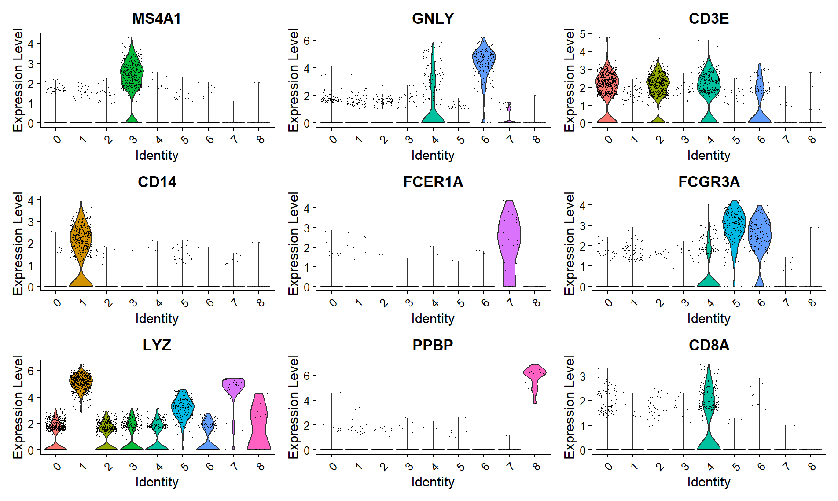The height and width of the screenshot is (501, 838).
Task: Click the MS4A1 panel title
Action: (157, 18)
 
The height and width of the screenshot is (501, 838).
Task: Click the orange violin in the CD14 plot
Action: (81, 238)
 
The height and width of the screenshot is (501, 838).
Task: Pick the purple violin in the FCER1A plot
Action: (509, 238)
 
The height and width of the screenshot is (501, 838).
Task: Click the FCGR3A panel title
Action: (709, 182)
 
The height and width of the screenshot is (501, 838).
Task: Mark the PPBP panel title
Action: (433, 345)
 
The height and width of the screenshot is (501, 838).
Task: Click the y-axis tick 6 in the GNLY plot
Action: (307, 41)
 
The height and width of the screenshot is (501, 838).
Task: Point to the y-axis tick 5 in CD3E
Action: (583, 34)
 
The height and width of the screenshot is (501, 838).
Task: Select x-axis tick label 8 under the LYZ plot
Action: (261, 466)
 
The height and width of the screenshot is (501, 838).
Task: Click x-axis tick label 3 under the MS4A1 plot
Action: (133, 140)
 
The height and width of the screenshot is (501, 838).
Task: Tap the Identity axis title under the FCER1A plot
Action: (433, 319)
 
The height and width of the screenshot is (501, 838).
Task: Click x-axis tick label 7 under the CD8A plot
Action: (787, 466)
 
